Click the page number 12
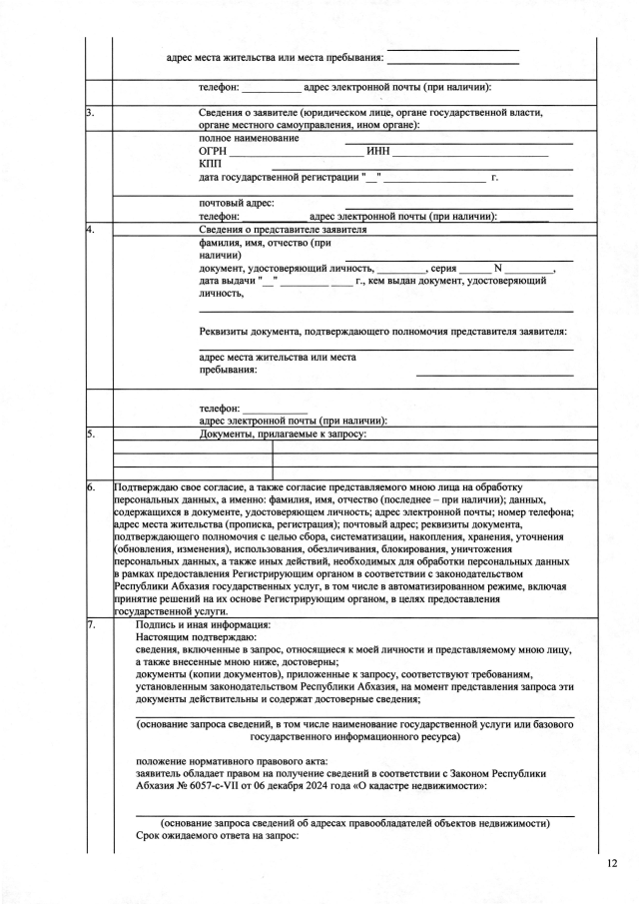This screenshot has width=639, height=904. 612,861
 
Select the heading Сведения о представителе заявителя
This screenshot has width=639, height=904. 284,230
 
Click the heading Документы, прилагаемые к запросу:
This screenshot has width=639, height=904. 284,435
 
